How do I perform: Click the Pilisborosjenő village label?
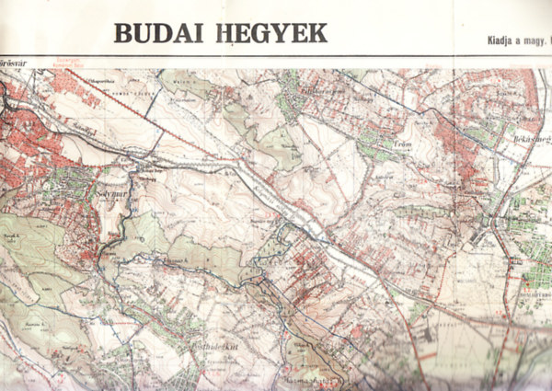click(x=323, y=93)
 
